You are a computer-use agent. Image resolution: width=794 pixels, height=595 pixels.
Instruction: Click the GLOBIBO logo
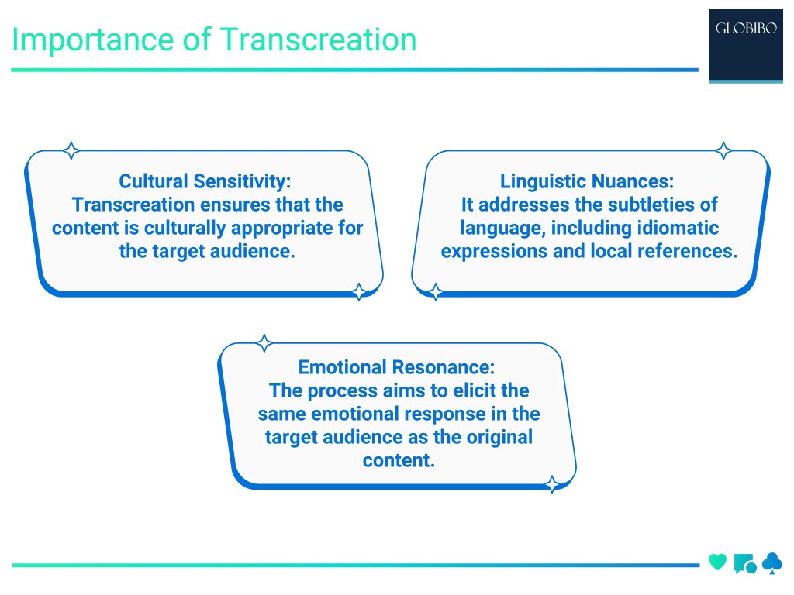click(x=747, y=30)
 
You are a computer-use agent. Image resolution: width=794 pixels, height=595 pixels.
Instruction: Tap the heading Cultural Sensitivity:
click(x=205, y=181)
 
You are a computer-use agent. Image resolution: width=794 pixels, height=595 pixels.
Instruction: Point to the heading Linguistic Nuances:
click(x=587, y=181)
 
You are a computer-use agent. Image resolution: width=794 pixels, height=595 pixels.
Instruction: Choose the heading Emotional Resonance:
click(x=396, y=366)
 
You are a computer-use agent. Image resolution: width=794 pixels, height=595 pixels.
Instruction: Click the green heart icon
click(x=718, y=562)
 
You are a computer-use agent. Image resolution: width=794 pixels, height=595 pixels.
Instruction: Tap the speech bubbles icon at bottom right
click(x=744, y=564)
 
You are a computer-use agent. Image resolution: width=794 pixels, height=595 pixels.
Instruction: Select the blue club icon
click(x=772, y=563)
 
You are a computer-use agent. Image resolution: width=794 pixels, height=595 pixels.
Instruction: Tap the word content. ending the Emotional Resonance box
click(x=399, y=459)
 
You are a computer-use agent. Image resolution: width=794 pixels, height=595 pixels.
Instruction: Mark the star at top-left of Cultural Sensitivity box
click(x=71, y=150)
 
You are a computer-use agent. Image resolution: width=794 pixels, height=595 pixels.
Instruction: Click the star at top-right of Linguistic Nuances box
click(x=723, y=150)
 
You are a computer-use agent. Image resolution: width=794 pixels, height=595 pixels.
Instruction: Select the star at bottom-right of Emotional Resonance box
click(x=552, y=485)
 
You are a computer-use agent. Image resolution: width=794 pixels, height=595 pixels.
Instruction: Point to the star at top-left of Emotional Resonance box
click(x=264, y=342)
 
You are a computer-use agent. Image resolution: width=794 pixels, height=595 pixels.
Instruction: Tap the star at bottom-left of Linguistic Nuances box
click(x=437, y=292)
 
